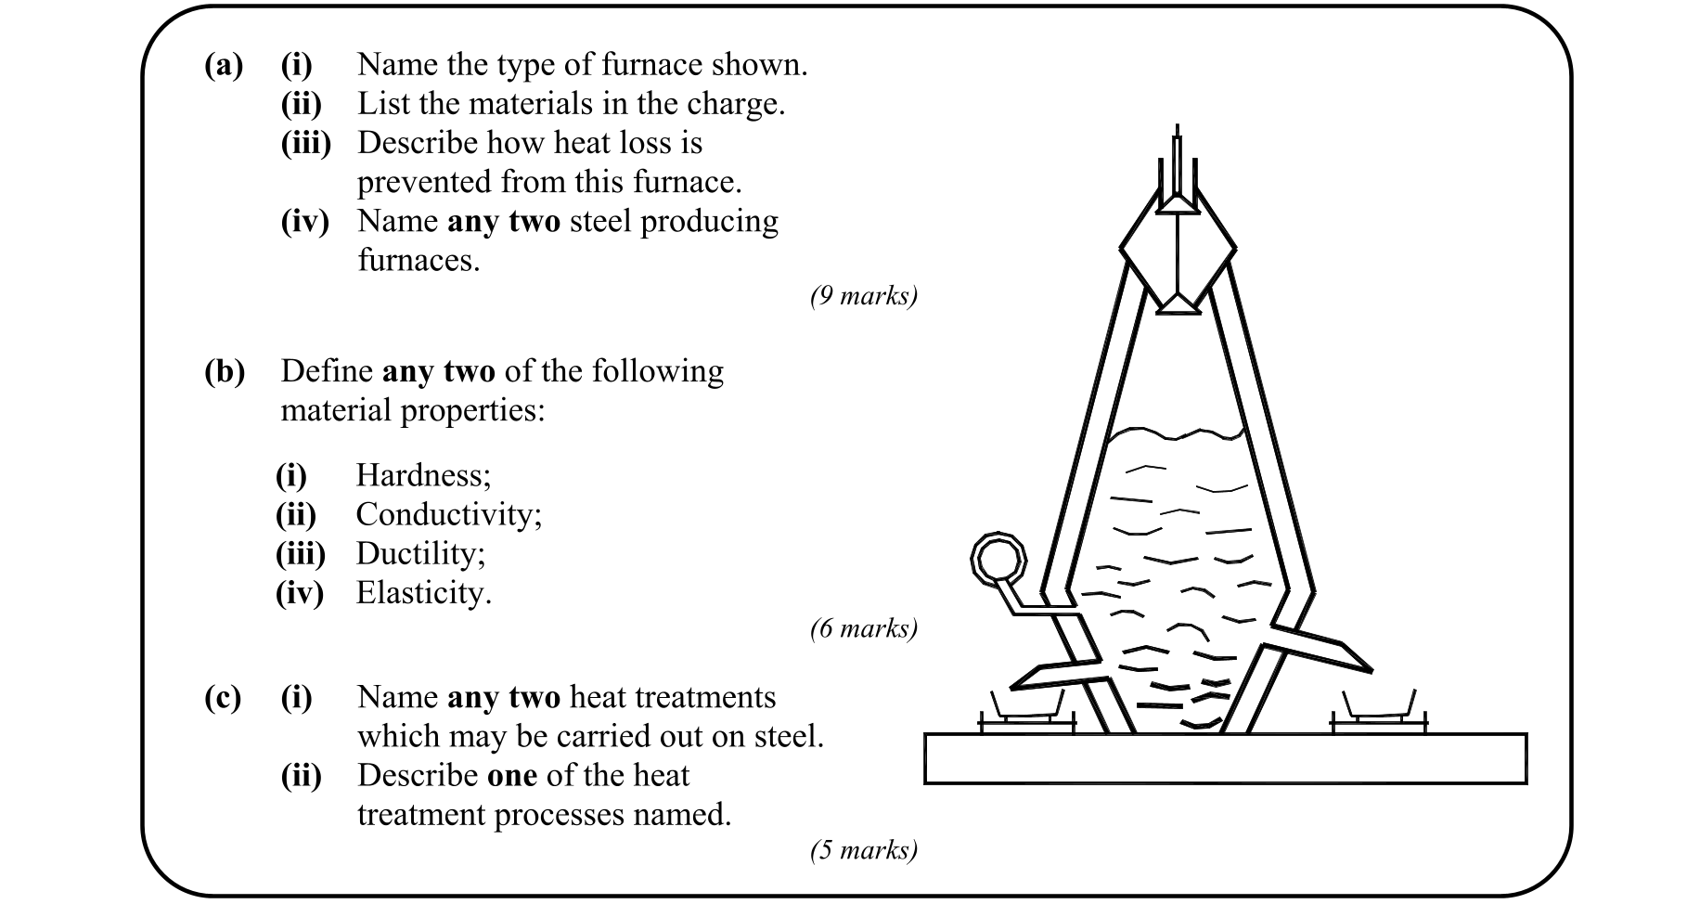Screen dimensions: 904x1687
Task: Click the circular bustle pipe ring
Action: click(998, 559)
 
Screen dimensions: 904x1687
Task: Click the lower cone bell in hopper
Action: click(1177, 303)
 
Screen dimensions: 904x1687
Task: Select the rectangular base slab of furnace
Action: click(1225, 758)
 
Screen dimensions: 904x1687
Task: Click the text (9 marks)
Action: click(863, 296)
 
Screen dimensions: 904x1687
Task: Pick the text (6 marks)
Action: click(863, 629)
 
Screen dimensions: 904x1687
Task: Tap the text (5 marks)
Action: click(863, 850)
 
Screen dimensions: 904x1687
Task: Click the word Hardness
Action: click(422, 475)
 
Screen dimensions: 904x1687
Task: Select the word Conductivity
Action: click(447, 514)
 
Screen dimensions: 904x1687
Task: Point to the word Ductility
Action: click(419, 554)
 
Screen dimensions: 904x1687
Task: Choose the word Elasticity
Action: click(422, 593)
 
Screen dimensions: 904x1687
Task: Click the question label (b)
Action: click(225, 371)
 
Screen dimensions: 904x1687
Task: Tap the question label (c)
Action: click(223, 697)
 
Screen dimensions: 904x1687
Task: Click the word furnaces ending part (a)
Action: click(418, 261)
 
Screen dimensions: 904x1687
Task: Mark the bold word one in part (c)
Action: click(512, 776)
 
